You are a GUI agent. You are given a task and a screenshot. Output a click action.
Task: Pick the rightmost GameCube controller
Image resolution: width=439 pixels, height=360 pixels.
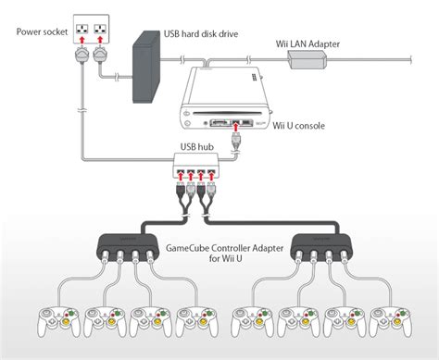(390, 322)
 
